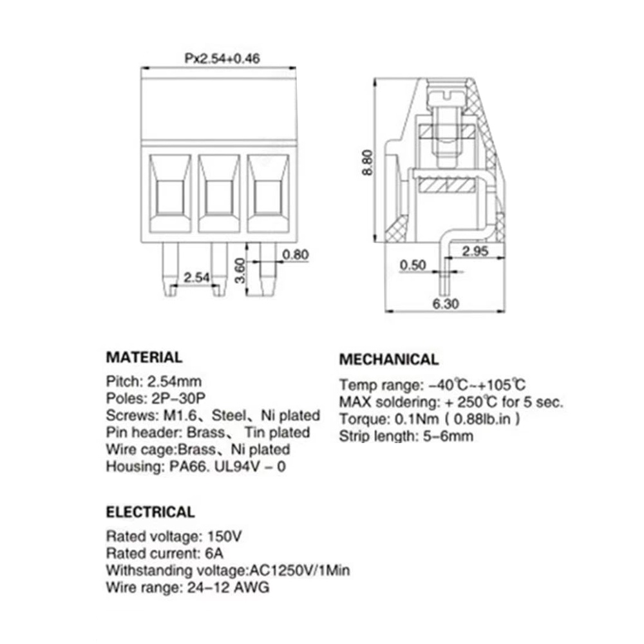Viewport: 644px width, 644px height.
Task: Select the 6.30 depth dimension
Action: coord(446,304)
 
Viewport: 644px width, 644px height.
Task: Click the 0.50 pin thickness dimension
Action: coord(413,265)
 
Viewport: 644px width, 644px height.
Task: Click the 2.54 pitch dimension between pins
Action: coord(196,278)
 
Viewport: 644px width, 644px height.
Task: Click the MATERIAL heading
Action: coord(144,357)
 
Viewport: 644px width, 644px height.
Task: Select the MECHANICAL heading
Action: coord(388,359)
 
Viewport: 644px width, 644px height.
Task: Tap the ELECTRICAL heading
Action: coord(150,513)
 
